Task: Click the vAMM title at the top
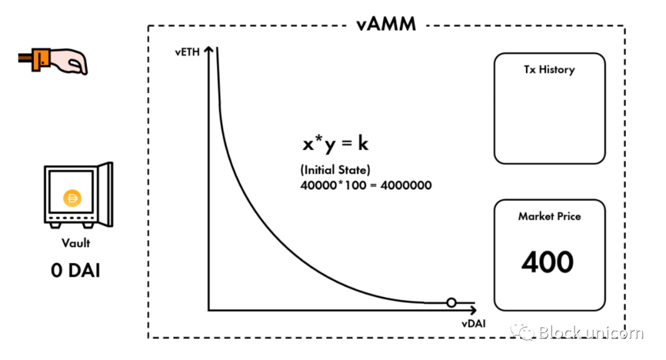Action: click(386, 25)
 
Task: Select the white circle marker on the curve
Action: click(451, 303)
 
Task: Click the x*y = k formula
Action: click(335, 144)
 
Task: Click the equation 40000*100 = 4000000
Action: click(366, 184)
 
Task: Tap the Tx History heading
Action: click(549, 70)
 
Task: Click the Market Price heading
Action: click(549, 216)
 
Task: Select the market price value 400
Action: click(548, 263)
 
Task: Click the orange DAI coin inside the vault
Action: click(73, 198)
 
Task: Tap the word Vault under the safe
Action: click(76, 243)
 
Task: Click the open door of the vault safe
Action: click(107, 192)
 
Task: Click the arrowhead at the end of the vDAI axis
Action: click(474, 308)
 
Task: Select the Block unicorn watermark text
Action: click(591, 333)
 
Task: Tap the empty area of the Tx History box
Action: click(549, 120)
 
